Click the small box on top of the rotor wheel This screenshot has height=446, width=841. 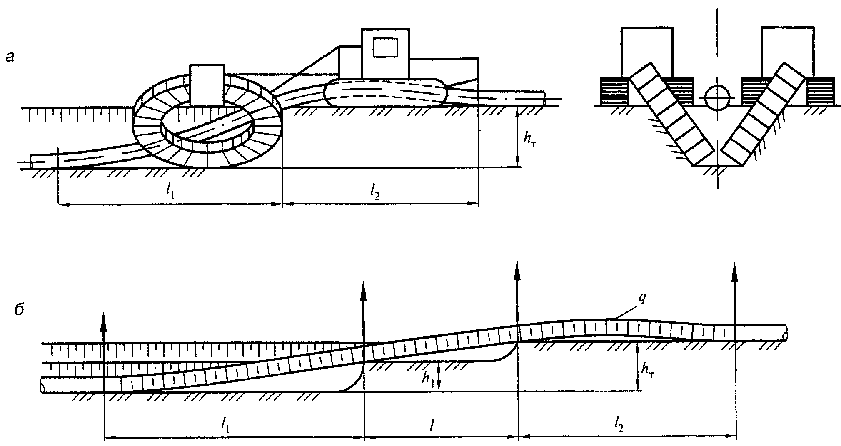click(207, 85)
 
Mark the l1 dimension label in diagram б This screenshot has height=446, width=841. click(225, 424)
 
